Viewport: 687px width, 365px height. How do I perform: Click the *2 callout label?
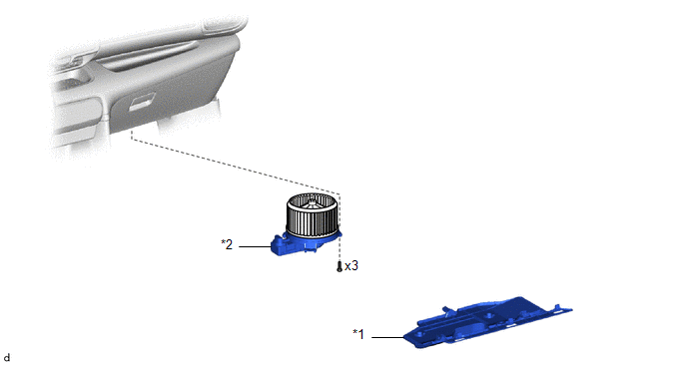(x=227, y=244)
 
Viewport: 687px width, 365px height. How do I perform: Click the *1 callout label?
(x=358, y=334)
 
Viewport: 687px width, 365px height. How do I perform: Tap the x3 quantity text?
(x=351, y=265)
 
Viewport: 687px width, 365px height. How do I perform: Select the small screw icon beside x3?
(x=339, y=266)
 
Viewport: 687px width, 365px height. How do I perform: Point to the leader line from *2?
(x=255, y=247)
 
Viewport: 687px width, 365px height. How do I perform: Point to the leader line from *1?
(x=387, y=337)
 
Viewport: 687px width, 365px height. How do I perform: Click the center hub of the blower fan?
(x=312, y=204)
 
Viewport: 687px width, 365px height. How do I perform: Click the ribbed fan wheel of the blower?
(x=312, y=215)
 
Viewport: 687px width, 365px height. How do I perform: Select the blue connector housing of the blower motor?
(x=282, y=246)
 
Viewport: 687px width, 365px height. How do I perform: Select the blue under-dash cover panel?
(x=487, y=322)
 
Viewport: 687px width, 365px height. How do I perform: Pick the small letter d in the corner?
(x=6, y=358)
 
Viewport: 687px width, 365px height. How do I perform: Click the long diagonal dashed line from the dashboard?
(x=235, y=167)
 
